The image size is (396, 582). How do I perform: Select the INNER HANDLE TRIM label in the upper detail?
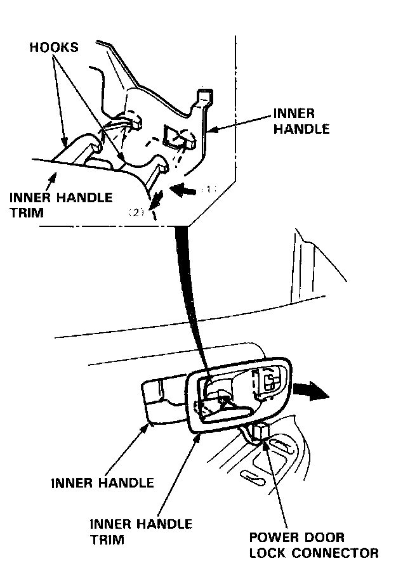tap(62, 204)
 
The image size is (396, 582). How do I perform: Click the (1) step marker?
tap(210, 189)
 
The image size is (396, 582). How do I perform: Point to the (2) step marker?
tap(137, 213)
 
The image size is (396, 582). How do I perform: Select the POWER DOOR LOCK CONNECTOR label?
tap(313, 545)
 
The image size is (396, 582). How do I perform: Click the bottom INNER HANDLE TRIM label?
tap(141, 531)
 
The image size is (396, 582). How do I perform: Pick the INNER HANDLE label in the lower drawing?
tap(102, 483)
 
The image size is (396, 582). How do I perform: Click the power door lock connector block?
tap(260, 433)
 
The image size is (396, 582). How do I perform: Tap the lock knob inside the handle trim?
tap(269, 383)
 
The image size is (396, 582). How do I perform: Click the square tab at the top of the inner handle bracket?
tap(204, 96)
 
